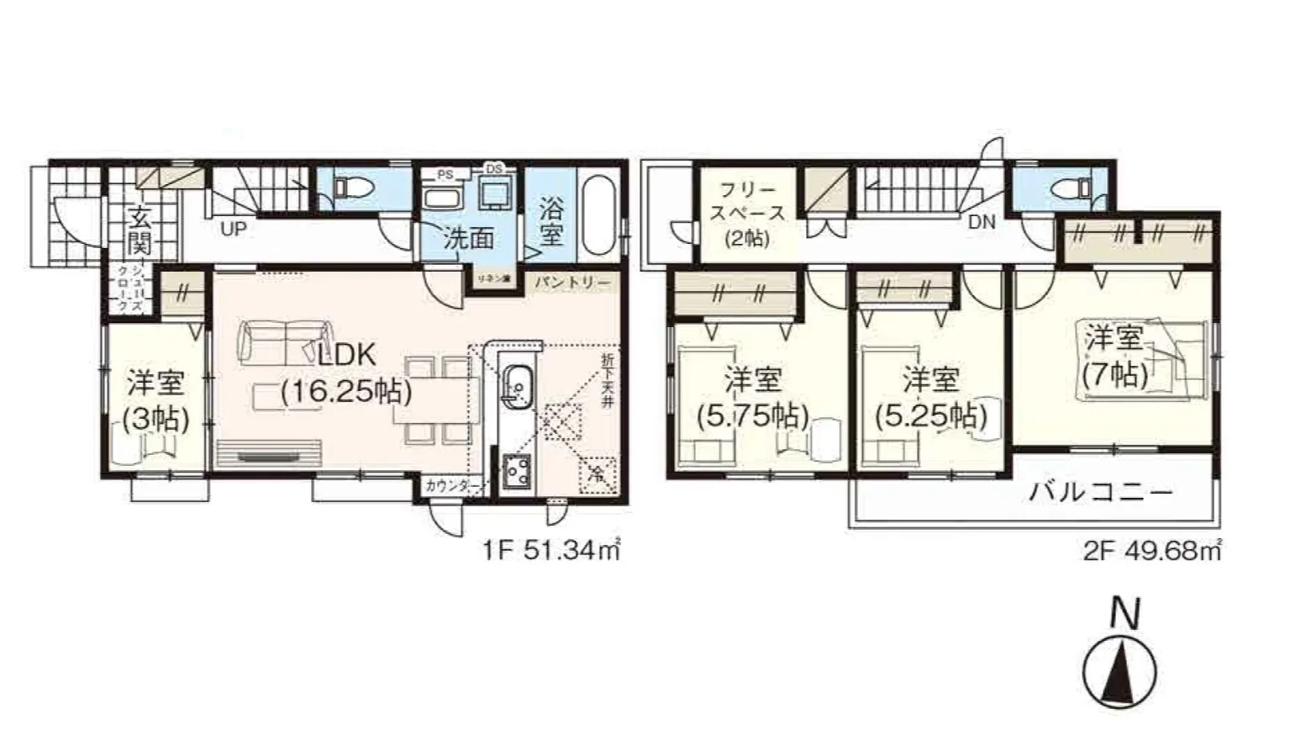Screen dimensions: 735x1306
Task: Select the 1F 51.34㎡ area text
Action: tap(551, 551)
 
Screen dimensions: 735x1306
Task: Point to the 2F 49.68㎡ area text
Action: tap(1151, 551)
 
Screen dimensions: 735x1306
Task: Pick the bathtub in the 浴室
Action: tap(599, 214)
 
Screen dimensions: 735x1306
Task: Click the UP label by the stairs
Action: tap(233, 228)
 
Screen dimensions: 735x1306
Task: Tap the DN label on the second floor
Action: tap(981, 222)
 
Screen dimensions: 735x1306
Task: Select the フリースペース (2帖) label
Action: tap(746, 214)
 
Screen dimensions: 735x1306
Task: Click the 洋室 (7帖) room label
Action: tap(1114, 357)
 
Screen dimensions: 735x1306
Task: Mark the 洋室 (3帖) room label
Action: tap(155, 400)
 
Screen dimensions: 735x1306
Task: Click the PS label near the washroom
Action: tap(445, 174)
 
